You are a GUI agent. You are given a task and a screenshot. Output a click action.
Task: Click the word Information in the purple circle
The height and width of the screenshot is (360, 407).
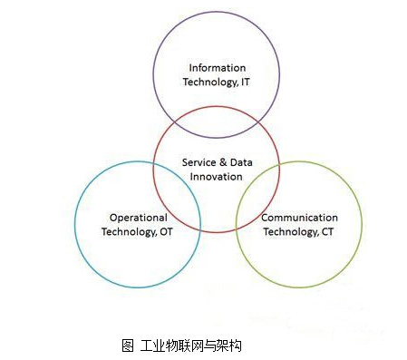click(x=217, y=68)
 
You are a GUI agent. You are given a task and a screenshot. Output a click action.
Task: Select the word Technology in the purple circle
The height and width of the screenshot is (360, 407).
click(x=209, y=83)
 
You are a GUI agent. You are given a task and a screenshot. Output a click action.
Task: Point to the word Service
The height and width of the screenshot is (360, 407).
click(x=199, y=161)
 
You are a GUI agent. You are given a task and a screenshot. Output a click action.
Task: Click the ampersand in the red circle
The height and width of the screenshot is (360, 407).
click(x=223, y=161)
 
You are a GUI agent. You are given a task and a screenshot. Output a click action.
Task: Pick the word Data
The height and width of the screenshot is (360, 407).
click(x=240, y=161)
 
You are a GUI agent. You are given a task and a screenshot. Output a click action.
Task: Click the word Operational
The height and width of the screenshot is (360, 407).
click(x=137, y=218)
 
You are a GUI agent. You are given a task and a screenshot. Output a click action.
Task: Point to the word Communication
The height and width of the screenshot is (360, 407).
click(x=299, y=218)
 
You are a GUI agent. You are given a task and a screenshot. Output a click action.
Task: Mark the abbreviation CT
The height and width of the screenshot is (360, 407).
click(x=328, y=232)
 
